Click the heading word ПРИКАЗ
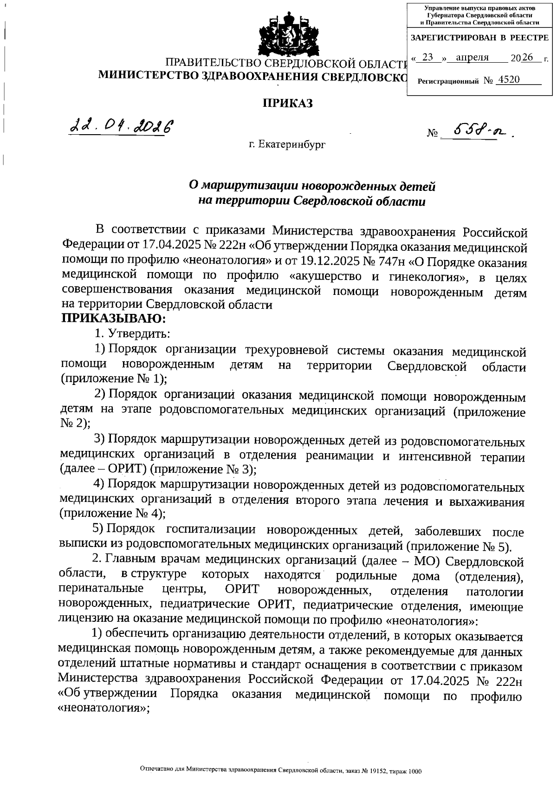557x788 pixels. pos(288,103)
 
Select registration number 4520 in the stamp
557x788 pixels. pos(508,80)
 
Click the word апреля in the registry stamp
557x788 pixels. pos(473,58)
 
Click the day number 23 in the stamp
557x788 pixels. pos(428,58)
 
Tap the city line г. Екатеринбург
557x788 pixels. pos(287,144)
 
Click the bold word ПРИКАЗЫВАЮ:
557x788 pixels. pos(114,319)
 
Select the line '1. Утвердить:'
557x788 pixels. pos(132,333)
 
